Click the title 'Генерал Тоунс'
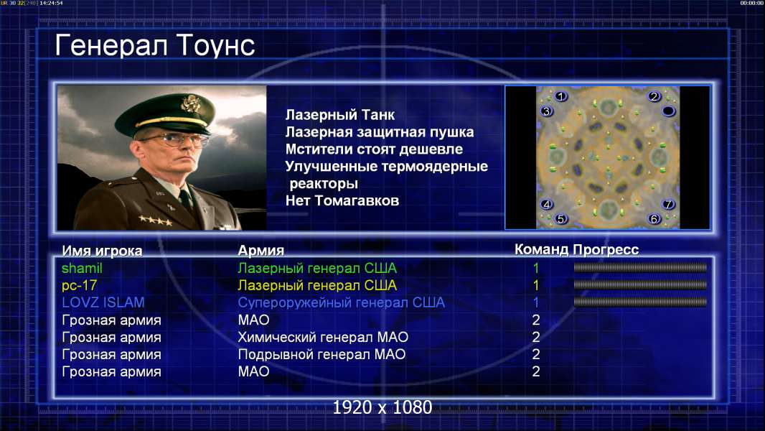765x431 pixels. tap(155, 45)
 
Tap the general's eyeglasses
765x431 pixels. tap(175, 140)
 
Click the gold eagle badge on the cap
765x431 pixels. tap(189, 103)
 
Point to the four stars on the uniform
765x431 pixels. tap(155, 221)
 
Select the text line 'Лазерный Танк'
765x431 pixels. tap(340, 115)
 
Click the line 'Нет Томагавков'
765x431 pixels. tap(342, 200)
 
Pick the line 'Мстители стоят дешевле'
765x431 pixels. tap(374, 149)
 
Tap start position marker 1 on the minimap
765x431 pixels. tap(561, 97)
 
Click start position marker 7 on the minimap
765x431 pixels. tap(668, 204)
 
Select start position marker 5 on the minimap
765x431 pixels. tap(560, 218)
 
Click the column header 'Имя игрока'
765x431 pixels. tap(102, 251)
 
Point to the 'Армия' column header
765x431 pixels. tap(261, 251)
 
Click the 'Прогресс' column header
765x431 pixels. tap(606, 250)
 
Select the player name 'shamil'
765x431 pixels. tap(82, 269)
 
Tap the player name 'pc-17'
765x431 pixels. tap(80, 286)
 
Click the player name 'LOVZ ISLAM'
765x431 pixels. tap(103, 302)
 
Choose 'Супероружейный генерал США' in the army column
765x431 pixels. tap(342, 302)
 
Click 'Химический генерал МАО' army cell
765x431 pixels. tap(323, 338)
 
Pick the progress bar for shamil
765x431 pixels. tap(640, 267)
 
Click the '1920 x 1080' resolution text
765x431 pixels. tap(382, 407)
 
